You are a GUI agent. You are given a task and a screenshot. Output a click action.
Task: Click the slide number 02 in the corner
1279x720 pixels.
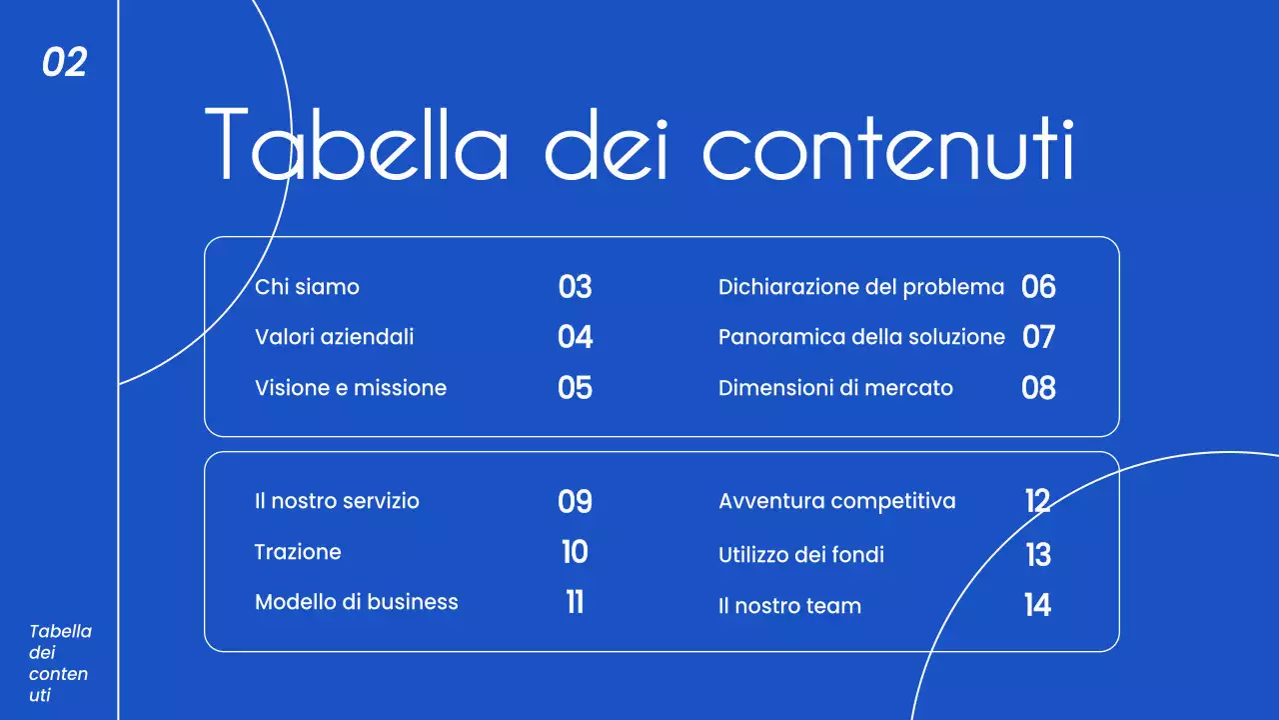[64, 63]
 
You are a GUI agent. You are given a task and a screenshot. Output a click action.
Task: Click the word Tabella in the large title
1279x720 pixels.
[356, 145]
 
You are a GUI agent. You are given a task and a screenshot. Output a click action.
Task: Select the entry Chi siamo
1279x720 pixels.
[307, 287]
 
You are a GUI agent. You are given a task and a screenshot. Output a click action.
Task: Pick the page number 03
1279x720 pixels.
[575, 287]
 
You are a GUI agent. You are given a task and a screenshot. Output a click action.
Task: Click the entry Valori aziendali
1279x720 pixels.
[334, 337]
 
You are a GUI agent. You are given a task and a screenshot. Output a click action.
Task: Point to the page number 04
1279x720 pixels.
[575, 337]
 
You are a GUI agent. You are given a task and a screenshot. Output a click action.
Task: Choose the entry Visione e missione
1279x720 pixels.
[351, 388]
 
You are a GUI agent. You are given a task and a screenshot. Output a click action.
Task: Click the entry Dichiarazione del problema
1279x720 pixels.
[860, 287]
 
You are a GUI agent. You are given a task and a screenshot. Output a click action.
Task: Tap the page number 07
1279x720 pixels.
[1038, 337]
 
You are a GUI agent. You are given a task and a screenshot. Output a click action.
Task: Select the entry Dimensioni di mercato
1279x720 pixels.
[835, 388]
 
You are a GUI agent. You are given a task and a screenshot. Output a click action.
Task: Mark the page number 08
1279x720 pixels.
[1038, 388]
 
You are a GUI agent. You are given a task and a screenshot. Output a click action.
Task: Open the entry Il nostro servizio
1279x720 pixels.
[337, 501]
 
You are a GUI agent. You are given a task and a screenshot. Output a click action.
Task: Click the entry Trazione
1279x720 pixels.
[298, 552]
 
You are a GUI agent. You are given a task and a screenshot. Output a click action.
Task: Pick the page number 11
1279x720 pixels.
[575, 602]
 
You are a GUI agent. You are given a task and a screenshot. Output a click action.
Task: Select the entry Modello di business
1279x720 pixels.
[356, 602]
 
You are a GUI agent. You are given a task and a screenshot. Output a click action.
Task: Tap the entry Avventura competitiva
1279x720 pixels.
[836, 501]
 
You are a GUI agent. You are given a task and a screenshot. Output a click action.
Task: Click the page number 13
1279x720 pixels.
[1038, 554]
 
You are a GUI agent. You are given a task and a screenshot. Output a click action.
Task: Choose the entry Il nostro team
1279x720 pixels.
[789, 606]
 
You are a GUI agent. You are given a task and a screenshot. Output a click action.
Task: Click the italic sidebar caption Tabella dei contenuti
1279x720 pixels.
[60, 663]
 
